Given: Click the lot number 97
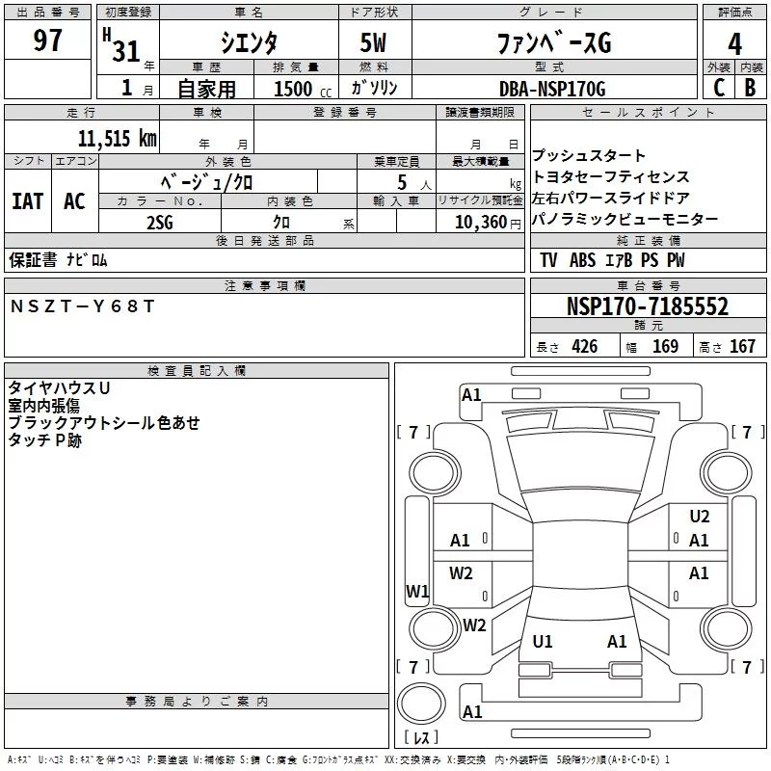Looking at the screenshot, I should click(48, 41).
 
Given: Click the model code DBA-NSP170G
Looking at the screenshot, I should click(552, 89).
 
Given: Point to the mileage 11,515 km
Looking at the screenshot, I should click(116, 138).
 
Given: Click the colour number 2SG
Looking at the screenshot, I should click(160, 222).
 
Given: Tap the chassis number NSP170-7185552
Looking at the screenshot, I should click(647, 307).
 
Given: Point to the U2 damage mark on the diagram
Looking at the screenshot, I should click(700, 517).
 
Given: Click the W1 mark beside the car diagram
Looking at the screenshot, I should click(417, 591).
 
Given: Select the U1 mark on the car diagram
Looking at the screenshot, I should click(543, 641).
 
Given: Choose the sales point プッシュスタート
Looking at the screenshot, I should click(589, 156).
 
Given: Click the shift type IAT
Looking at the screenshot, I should click(28, 201).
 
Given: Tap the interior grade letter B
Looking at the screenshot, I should click(750, 88).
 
